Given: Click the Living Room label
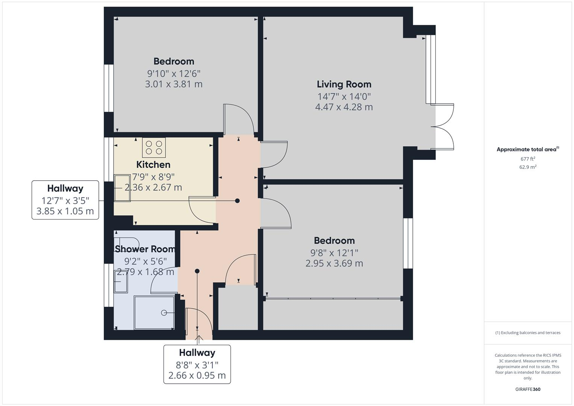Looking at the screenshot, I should tap(344, 84).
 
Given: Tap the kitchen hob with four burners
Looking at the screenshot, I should tap(154, 147).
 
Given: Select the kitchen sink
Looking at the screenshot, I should tap(122, 188).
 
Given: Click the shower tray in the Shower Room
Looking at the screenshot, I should tap(154, 313).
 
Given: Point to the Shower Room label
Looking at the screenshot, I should tap(145, 249).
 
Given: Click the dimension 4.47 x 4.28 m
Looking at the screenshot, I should tap(344, 107).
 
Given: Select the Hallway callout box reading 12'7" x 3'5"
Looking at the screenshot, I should tap(65, 200).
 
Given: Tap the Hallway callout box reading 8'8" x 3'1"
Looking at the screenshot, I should tap(197, 364).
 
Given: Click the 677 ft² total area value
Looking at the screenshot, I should tap(528, 159).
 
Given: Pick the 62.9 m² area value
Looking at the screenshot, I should tap(528, 167).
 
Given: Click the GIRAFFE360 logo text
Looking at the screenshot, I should tap(528, 389).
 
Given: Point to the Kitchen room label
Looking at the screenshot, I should tap(153, 165).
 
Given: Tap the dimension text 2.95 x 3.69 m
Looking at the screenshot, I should tap(334, 264).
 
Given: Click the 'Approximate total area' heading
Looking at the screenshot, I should tap(527, 149).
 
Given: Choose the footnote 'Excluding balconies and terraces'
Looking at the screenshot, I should tap(528, 333).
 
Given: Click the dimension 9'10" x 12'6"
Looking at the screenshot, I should tap(174, 73).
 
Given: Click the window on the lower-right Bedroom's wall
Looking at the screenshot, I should tap(408, 243).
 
